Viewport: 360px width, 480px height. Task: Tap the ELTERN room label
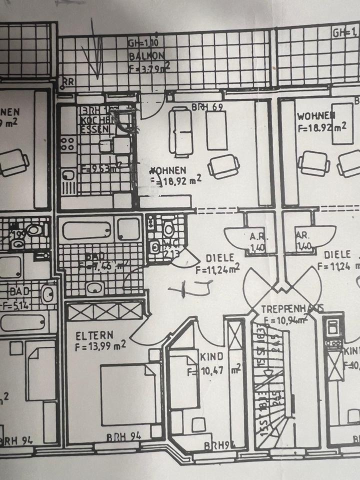(x=94, y=334)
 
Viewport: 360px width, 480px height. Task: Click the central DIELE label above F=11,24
(x=220, y=258)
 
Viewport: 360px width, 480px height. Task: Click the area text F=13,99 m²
(x=100, y=345)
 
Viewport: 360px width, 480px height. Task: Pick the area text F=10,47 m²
(x=214, y=370)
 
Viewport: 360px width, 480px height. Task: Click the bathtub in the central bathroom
(x=86, y=230)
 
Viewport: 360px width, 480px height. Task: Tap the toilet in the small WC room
(x=168, y=229)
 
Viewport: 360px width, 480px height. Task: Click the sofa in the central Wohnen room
(x=180, y=131)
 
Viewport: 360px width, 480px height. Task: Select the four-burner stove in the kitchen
(x=67, y=144)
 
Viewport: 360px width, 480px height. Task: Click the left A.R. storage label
(x=256, y=239)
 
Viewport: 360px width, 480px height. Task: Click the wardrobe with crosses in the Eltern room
(x=104, y=311)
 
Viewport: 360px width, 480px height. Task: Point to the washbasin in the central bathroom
(x=94, y=287)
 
